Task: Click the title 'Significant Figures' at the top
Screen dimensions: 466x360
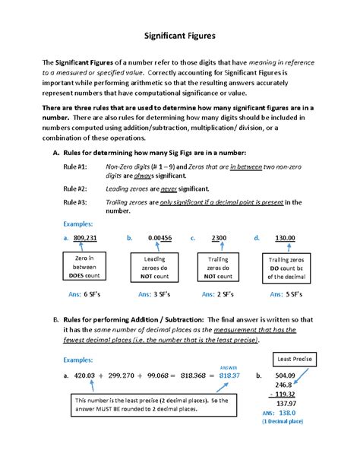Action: (x=180, y=36)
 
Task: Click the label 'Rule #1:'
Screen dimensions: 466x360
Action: (x=74, y=165)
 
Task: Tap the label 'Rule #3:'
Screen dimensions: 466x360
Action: (x=74, y=202)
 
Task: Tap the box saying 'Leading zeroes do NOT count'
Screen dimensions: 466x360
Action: (x=155, y=268)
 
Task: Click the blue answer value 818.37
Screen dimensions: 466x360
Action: (x=229, y=376)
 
